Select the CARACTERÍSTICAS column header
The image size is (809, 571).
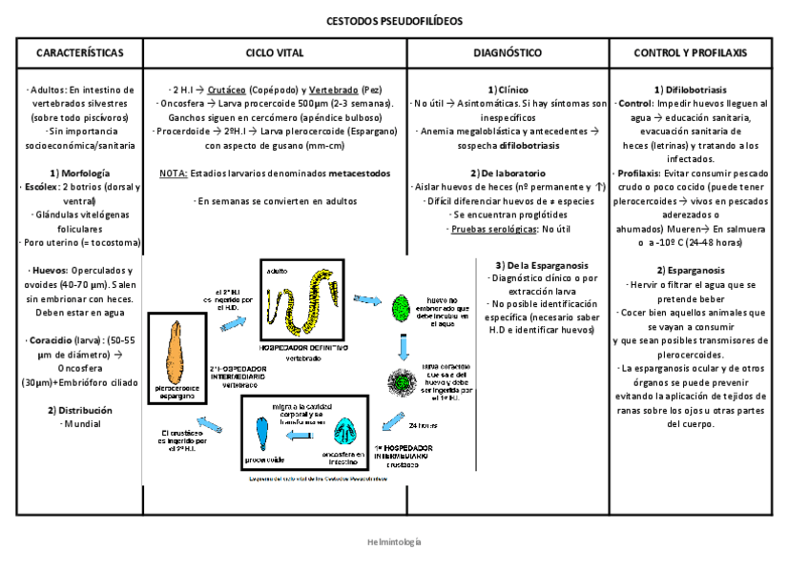click(78, 52)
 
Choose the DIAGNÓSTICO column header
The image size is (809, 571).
click(508, 52)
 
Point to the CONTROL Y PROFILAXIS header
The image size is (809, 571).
click(691, 52)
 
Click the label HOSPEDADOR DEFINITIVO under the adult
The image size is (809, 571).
click(304, 350)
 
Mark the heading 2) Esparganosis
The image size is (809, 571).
click(691, 270)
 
